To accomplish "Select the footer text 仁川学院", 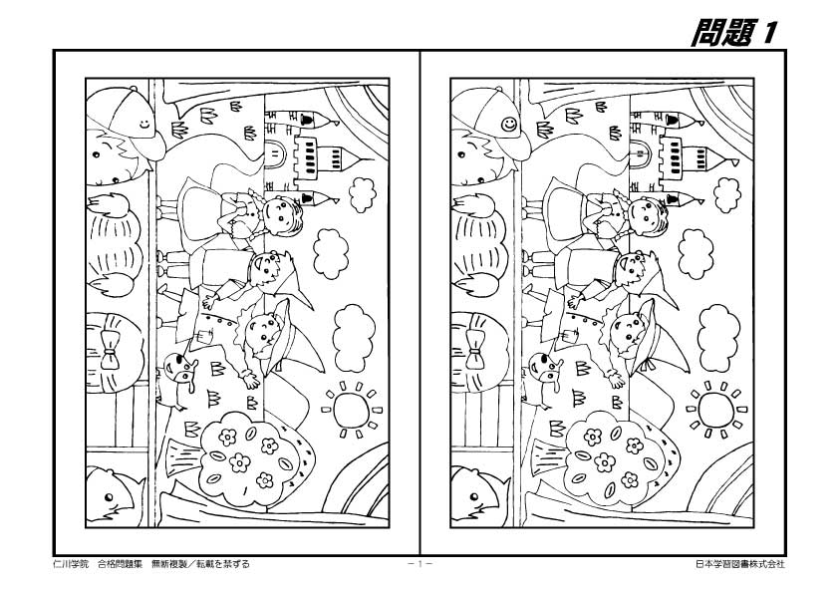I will click(x=70, y=564).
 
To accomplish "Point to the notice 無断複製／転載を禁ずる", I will click(x=199, y=564).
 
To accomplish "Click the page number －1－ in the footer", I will click(x=419, y=564).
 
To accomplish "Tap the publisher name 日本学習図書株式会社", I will click(x=739, y=564).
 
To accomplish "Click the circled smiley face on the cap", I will click(x=510, y=125).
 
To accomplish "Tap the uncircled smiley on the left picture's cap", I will click(x=145, y=125).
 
